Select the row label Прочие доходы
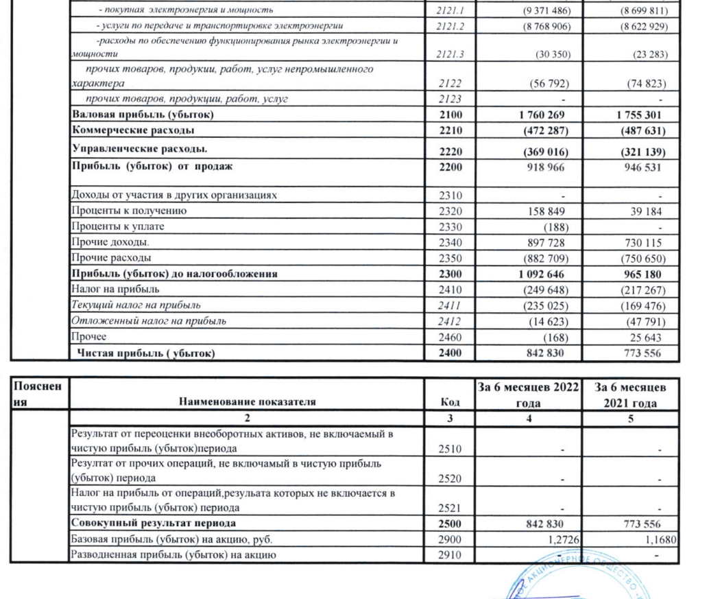coord(101,242)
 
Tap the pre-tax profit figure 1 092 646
coord(544,274)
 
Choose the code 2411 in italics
coord(448,305)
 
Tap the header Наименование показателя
coord(247,402)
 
